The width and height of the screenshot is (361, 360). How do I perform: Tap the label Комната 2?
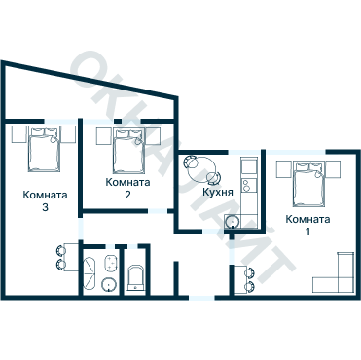[x=127, y=189]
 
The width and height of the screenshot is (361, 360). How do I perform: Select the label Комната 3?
[x=45, y=201]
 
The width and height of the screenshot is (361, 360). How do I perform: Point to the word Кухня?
[x=218, y=192]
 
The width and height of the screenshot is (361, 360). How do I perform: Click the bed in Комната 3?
[x=44, y=149]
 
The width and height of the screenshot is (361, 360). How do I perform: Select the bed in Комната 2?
[x=128, y=151]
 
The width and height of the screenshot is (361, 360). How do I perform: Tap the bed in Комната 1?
[x=308, y=184]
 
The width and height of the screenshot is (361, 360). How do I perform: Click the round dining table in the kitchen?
[x=202, y=169]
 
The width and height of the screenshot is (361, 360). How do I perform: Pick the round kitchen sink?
[x=233, y=223]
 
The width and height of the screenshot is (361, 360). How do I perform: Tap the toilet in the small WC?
[x=135, y=278]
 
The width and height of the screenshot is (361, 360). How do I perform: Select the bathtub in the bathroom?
[x=90, y=273]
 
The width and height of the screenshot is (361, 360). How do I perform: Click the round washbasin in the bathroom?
[x=109, y=285]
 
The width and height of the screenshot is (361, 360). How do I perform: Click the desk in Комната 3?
[x=72, y=257]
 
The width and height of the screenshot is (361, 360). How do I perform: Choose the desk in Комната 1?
[x=240, y=279]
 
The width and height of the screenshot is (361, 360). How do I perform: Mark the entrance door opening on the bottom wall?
[x=201, y=298]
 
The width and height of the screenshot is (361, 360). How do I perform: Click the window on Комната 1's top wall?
[x=296, y=152]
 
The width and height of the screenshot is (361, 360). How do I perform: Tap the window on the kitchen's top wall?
[x=244, y=152]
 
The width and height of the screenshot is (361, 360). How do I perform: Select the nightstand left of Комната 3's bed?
[x=19, y=134]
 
